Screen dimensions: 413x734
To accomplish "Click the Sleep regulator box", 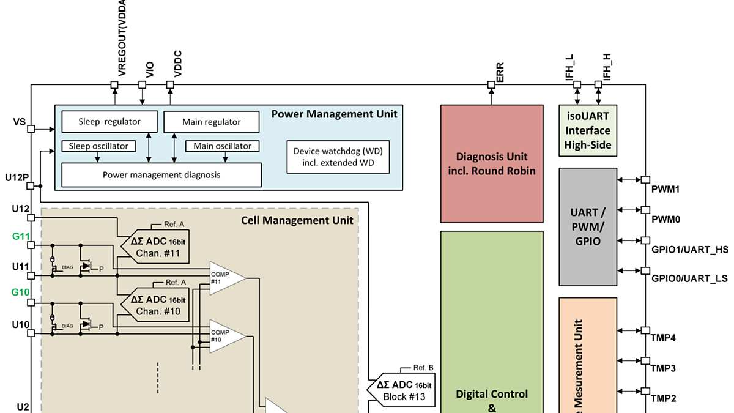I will tap(109, 121).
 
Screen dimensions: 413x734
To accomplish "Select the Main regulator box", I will tap(211, 122).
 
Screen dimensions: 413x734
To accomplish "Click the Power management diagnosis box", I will tap(161, 175).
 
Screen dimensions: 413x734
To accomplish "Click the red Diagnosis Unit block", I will tap(492, 163).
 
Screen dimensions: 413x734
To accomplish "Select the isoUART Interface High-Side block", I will tap(588, 130).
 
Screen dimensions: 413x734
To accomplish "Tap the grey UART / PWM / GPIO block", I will tap(588, 226).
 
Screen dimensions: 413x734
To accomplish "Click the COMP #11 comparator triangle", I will tap(225, 278).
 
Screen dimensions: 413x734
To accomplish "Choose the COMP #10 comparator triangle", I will tap(225, 335).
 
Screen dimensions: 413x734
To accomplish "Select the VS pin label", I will tap(20, 122).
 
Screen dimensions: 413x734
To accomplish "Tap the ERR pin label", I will tap(499, 72).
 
